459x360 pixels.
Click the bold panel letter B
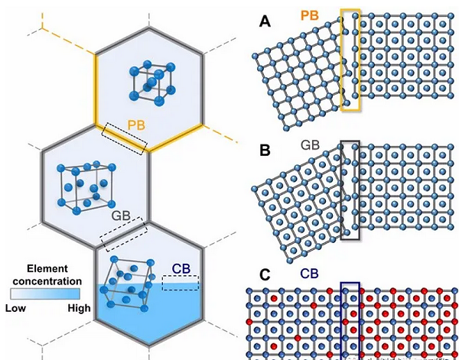coord(265,151)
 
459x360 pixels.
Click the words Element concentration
coord(47,274)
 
